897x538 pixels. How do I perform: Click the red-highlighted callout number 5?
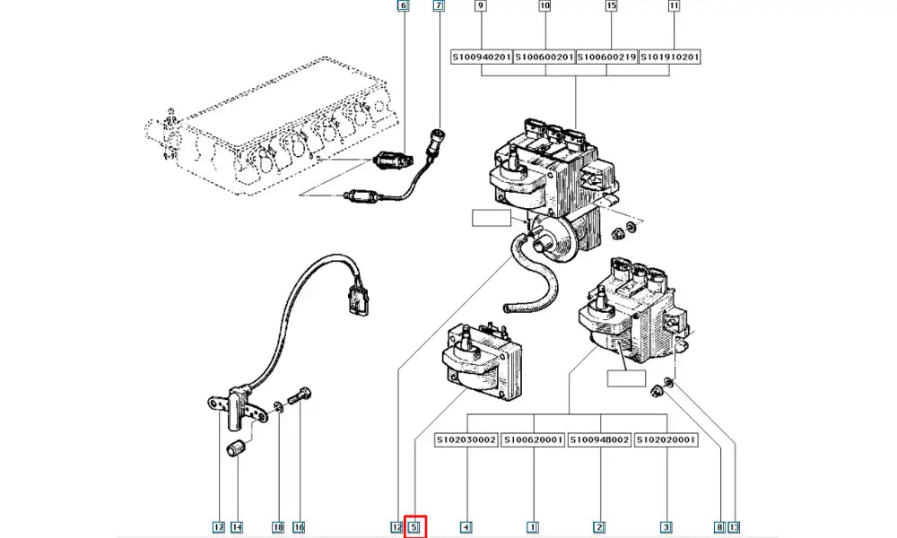tap(414, 527)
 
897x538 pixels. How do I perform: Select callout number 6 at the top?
tap(403, 7)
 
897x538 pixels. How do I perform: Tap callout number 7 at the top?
tap(439, 7)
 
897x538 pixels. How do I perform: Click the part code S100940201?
tap(482, 57)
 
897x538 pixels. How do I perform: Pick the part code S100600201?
tap(544, 57)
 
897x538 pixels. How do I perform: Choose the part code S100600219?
tap(607, 57)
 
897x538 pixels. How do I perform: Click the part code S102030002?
tap(466, 440)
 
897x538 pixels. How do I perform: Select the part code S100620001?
tap(533, 440)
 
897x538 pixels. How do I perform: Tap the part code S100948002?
tap(599, 440)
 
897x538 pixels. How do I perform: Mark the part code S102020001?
tap(666, 440)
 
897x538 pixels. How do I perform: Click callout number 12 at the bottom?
tap(396, 527)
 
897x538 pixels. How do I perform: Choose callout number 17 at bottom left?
tap(218, 527)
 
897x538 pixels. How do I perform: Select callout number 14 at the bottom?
tap(236, 527)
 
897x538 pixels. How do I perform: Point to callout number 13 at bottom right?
tap(736, 527)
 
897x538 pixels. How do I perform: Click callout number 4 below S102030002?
tap(466, 527)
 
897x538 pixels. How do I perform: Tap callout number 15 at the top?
tap(612, 7)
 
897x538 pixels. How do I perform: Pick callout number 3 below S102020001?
tap(666, 527)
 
